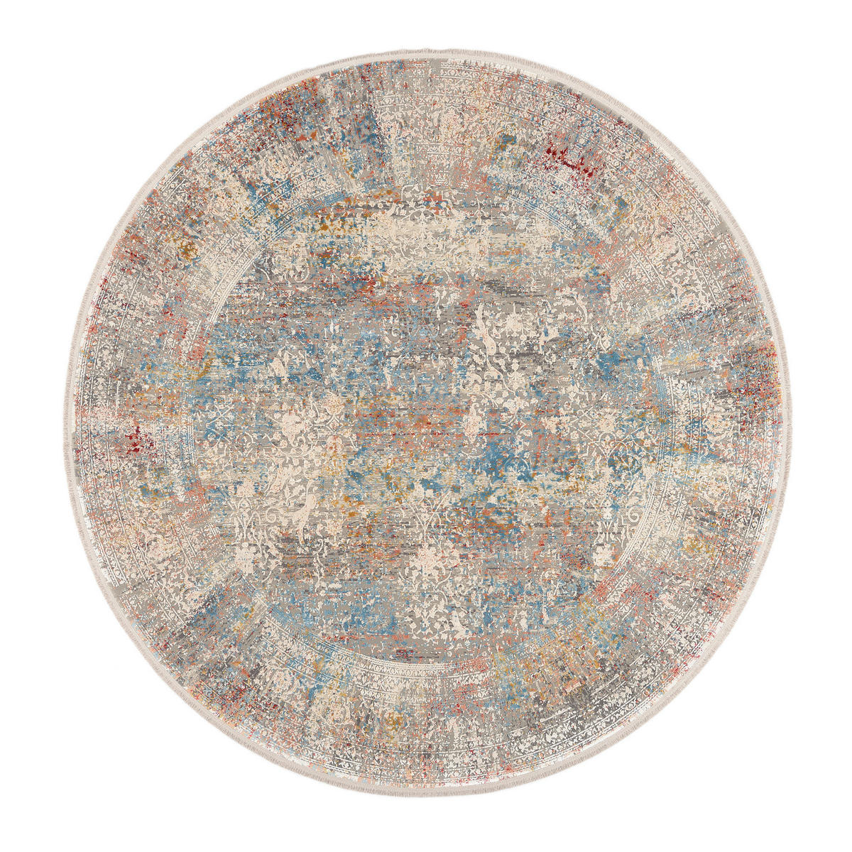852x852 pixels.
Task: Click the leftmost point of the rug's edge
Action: [x=62, y=426]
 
